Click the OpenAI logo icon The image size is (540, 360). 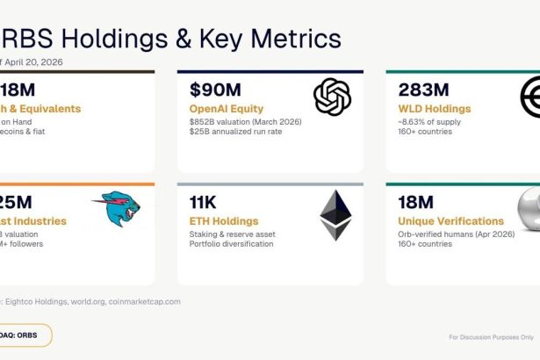coord(333,97)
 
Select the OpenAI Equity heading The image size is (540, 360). coord(227,109)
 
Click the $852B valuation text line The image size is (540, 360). coord(245,123)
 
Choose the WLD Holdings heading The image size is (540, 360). coord(436,109)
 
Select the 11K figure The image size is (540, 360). coord(205,203)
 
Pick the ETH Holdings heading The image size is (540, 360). coord(223,221)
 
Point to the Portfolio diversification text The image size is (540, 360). coord(230,244)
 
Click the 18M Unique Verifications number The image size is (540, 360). coord(415,203)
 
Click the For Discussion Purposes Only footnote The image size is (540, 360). coord(490,336)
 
